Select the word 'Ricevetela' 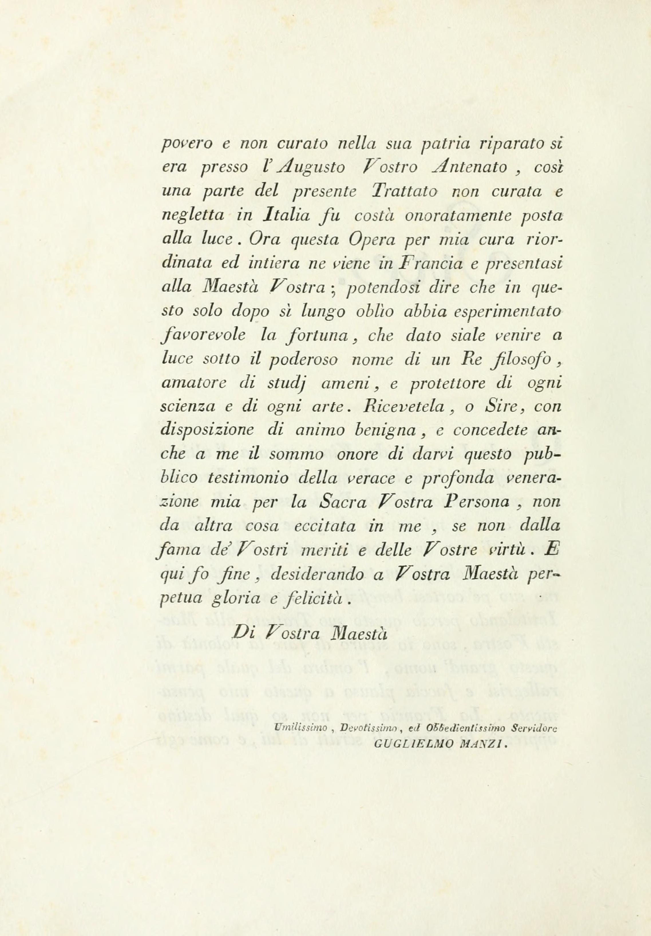pos(402,407)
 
